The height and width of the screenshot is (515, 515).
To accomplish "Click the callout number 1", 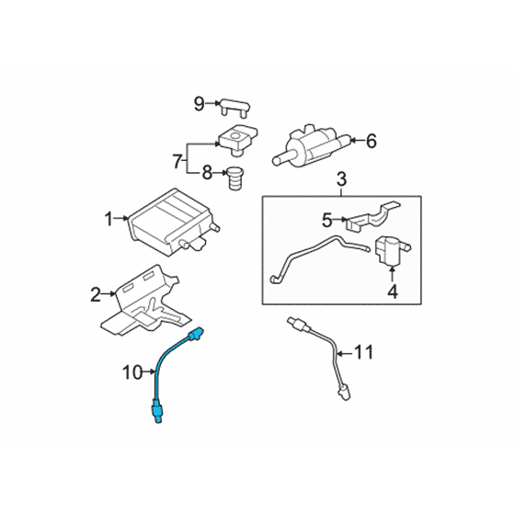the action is [109, 219].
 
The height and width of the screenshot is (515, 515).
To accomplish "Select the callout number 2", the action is [96, 294].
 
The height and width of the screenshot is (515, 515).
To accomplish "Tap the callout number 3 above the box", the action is [341, 179].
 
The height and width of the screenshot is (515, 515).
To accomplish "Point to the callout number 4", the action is [393, 292].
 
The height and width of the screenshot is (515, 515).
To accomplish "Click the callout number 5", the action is [327, 220].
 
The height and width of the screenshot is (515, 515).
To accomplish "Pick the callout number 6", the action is [372, 142].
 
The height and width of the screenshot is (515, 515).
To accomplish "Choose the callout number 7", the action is [177, 161].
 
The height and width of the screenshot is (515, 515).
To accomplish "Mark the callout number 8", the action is [207, 173].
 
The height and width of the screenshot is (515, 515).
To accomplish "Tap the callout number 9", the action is [200, 104].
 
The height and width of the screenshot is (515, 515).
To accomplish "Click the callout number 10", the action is [133, 372].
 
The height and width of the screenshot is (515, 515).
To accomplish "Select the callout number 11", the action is [363, 352].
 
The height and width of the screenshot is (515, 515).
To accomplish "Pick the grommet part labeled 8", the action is [235, 178].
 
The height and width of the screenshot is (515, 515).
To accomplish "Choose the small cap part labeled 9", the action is [235, 107].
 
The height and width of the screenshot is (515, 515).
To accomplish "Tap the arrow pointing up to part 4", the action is [392, 274].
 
